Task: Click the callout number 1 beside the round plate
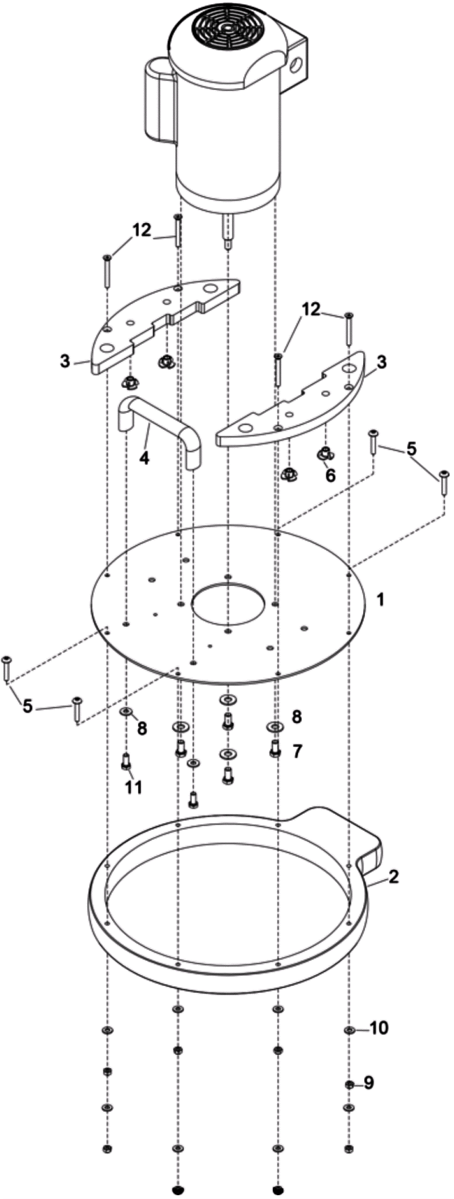point(381,600)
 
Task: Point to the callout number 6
point(330,476)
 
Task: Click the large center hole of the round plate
point(228,604)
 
